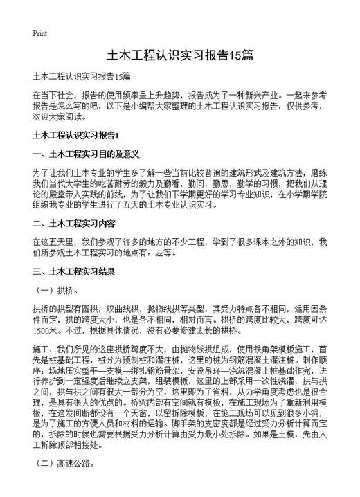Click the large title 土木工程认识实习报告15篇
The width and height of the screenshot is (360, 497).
pos(180,54)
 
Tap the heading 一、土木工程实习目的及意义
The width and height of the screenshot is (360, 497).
pos(87,153)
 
